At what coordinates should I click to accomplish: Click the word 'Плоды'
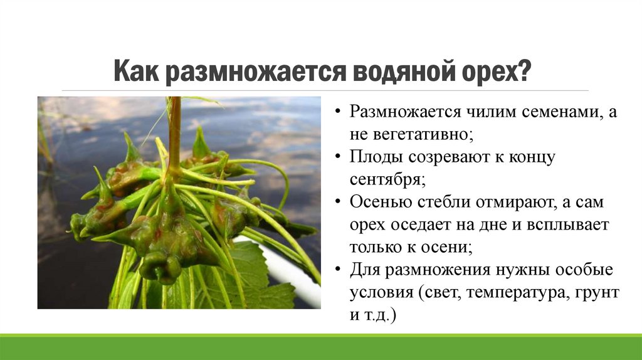coord(377,156)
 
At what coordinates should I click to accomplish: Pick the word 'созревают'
coord(448,156)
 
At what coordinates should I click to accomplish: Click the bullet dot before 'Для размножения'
coord(339,270)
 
